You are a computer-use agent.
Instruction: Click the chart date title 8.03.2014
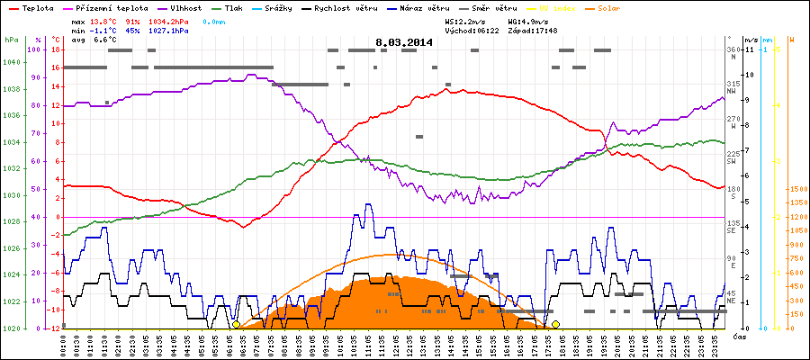[x=405, y=42]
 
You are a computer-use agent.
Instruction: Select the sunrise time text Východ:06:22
[x=470, y=30]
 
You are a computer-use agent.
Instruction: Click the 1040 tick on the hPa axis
[x=11, y=61]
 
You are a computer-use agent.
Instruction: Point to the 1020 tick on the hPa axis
[x=11, y=328]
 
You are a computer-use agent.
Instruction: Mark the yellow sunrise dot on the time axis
[x=236, y=324]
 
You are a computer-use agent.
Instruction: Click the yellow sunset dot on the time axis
[x=555, y=324]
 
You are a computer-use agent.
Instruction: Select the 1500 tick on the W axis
[x=796, y=190]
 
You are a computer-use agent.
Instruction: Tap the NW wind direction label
[x=733, y=90]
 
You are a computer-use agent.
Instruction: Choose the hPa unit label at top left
[x=11, y=40]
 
